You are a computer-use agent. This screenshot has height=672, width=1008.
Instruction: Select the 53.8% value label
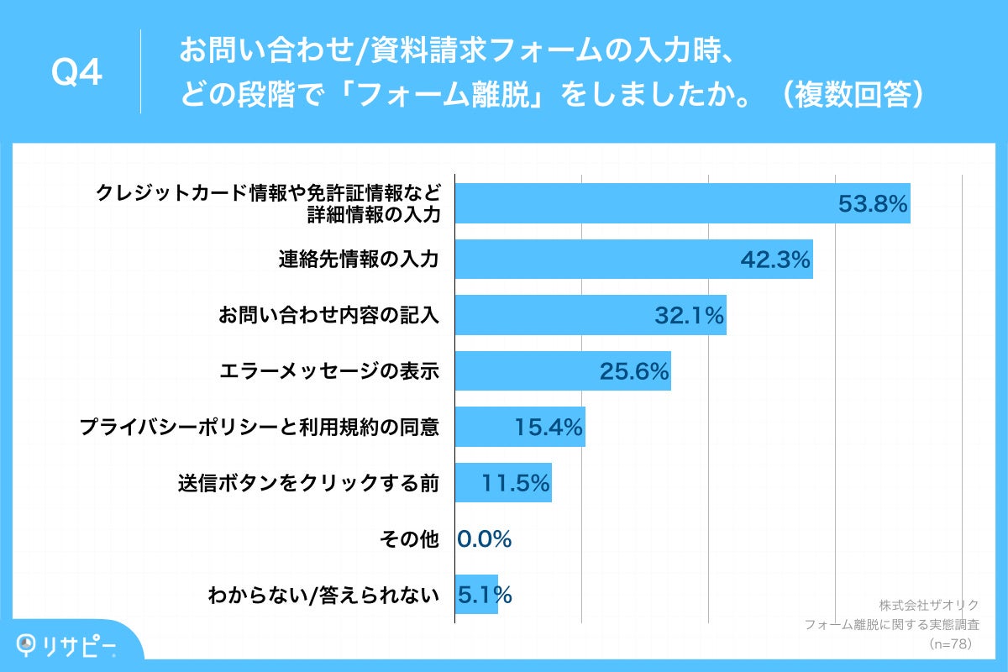pyautogui.click(x=874, y=203)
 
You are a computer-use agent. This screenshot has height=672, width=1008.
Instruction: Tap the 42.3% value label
pyautogui.click(x=775, y=260)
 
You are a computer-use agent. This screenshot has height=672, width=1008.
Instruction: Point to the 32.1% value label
pyautogui.click(x=689, y=315)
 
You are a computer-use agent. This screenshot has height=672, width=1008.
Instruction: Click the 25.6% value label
pyautogui.click(x=634, y=371)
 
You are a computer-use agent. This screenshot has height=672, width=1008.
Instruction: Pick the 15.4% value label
pyautogui.click(x=549, y=428)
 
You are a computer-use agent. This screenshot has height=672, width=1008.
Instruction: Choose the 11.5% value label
pyautogui.click(x=516, y=483)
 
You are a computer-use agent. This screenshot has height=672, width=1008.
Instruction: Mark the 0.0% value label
pyautogui.click(x=485, y=539)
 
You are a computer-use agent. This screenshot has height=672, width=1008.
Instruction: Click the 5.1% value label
pyautogui.click(x=485, y=596)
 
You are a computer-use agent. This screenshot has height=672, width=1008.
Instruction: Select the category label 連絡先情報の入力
pyautogui.click(x=359, y=260)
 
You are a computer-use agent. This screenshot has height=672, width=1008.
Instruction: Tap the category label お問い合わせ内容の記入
pyautogui.click(x=328, y=315)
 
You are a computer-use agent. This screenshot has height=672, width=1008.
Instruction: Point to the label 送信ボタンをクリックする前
pyautogui.click(x=308, y=483)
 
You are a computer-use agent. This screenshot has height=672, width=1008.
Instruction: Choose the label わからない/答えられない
pyautogui.click(x=323, y=596)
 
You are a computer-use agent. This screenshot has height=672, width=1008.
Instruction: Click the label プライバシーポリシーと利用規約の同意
pyautogui.click(x=260, y=428)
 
